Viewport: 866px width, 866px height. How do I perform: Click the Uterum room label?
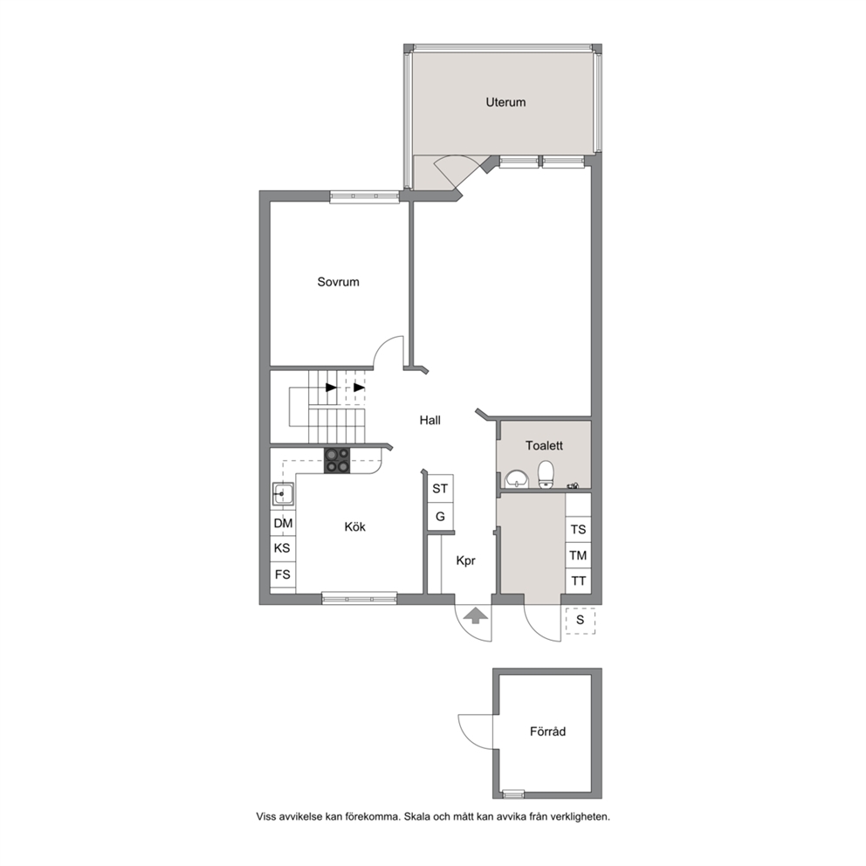tap(505, 102)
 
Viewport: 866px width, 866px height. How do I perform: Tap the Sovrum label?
tap(338, 282)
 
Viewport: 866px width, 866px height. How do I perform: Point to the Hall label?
tap(430, 420)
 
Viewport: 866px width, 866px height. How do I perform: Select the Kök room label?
tap(354, 527)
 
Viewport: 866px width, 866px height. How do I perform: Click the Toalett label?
tap(544, 446)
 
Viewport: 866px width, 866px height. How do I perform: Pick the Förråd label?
tap(547, 732)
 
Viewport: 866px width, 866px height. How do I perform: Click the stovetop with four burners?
tap(337, 460)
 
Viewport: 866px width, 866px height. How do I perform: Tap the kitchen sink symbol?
tap(282, 494)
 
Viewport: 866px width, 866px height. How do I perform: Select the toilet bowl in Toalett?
tap(546, 474)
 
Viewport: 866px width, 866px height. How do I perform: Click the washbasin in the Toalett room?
tap(517, 479)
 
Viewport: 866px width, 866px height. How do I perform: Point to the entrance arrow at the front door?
tap(475, 615)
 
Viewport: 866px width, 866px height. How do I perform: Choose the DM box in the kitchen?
tap(283, 523)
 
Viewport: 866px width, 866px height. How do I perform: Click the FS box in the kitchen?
tap(283, 574)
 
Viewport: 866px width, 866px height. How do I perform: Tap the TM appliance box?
tap(578, 555)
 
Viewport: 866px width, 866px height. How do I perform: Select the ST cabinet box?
tap(440, 488)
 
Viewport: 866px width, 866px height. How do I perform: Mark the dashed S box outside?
tap(580, 620)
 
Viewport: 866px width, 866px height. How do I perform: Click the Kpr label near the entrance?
tap(465, 561)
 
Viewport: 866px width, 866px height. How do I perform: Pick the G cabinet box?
tap(440, 517)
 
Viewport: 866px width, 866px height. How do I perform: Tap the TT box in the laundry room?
tap(578, 581)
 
